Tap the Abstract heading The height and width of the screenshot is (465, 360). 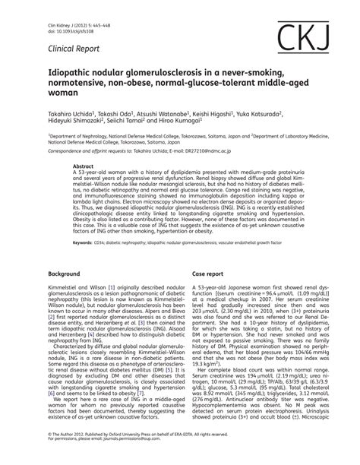click(83, 164)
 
